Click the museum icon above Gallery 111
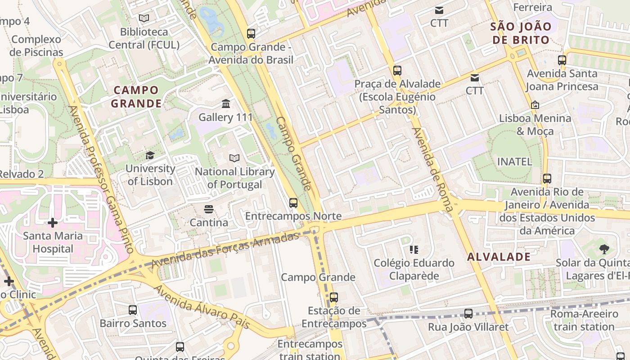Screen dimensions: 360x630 point(226,104)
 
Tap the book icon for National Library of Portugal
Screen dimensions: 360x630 point(234,158)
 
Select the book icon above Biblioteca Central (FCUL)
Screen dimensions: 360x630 point(144,18)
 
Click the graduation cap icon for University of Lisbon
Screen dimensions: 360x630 point(149,155)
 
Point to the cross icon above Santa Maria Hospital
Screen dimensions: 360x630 point(53,222)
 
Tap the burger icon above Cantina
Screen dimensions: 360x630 point(208,209)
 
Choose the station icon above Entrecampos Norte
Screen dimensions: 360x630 point(293,202)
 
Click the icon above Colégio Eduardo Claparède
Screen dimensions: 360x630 point(414,249)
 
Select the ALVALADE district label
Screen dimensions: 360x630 point(499,257)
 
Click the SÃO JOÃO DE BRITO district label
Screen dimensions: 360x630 point(521,33)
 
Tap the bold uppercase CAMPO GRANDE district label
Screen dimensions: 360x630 point(136,97)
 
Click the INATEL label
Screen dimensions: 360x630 point(514,162)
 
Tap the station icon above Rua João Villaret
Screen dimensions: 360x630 point(468,314)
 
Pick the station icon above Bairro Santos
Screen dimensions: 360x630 point(133,310)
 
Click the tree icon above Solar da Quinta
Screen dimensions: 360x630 point(604,249)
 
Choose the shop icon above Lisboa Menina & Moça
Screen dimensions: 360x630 point(535,105)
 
